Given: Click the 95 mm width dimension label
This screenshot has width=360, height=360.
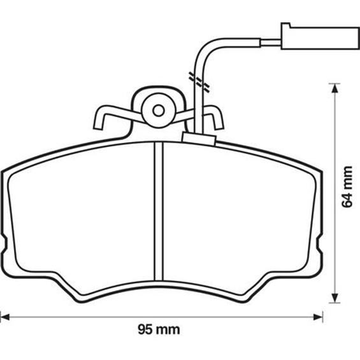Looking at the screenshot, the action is (x=159, y=329).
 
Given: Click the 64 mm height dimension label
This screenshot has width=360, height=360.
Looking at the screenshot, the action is (x=347, y=187).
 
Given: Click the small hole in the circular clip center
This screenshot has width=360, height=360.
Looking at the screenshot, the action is (x=159, y=111).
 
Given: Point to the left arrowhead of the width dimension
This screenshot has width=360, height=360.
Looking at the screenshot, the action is (x=4, y=317).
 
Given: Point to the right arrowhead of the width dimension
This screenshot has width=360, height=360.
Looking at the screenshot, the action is (x=318, y=317).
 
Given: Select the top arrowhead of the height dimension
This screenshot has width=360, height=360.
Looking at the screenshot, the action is (x=335, y=89).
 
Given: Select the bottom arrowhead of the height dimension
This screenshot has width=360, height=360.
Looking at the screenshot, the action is (x=335, y=298).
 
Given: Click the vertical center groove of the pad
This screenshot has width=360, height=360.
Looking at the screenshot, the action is (x=159, y=212).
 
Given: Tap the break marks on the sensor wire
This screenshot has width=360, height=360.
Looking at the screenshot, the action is (x=199, y=82).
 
